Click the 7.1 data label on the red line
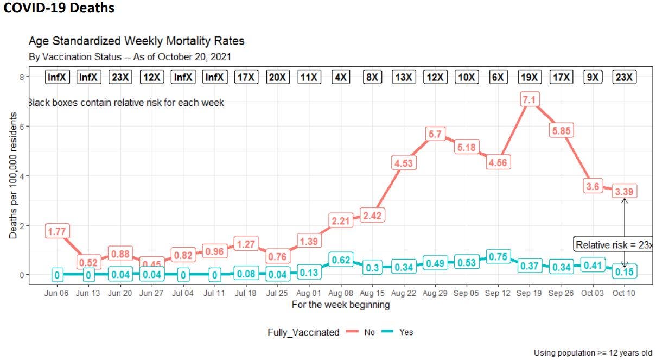[530, 100]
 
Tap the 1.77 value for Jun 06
[56, 231]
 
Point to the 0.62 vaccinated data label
[340, 260]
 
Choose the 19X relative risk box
[530, 77]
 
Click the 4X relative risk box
[341, 77]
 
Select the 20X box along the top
[278, 77]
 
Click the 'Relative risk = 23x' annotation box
[614, 245]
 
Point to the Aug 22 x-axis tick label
[403, 293]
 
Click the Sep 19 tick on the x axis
[530, 293]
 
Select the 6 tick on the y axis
[21, 127]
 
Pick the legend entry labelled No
[361, 332]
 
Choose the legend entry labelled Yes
[397, 332]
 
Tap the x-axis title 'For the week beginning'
[340, 305]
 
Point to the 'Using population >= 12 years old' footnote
[593, 352]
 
